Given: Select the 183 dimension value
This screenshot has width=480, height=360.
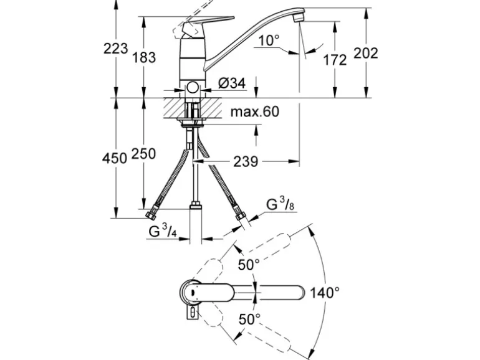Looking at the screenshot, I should pyautogui.click(x=143, y=57).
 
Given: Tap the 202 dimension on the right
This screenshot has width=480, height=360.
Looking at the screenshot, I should pyautogui.click(x=366, y=53).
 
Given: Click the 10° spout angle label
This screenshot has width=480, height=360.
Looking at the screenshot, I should pyautogui.click(x=269, y=40).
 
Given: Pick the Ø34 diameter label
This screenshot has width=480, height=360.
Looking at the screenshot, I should pyautogui.click(x=232, y=82).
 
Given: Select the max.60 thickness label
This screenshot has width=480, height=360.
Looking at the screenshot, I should pyautogui.click(x=254, y=112).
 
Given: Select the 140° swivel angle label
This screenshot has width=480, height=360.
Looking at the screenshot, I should pyautogui.click(x=326, y=291).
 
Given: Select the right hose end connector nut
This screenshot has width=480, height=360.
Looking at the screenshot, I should pyautogui.click(x=240, y=214).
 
